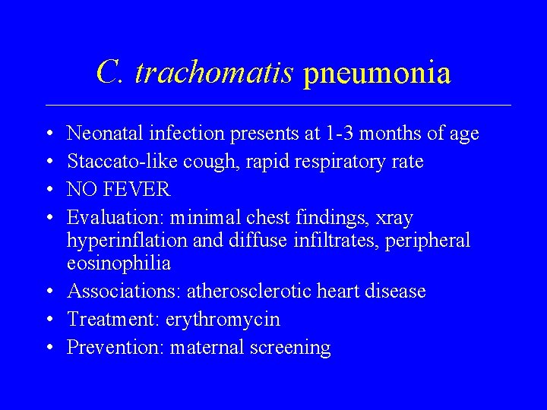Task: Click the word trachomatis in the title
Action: [214, 73]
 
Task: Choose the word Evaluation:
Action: [115, 218]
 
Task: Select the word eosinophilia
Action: [119, 263]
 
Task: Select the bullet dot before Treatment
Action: [49, 320]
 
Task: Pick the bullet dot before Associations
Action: [49, 292]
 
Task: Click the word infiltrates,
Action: [339, 241]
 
